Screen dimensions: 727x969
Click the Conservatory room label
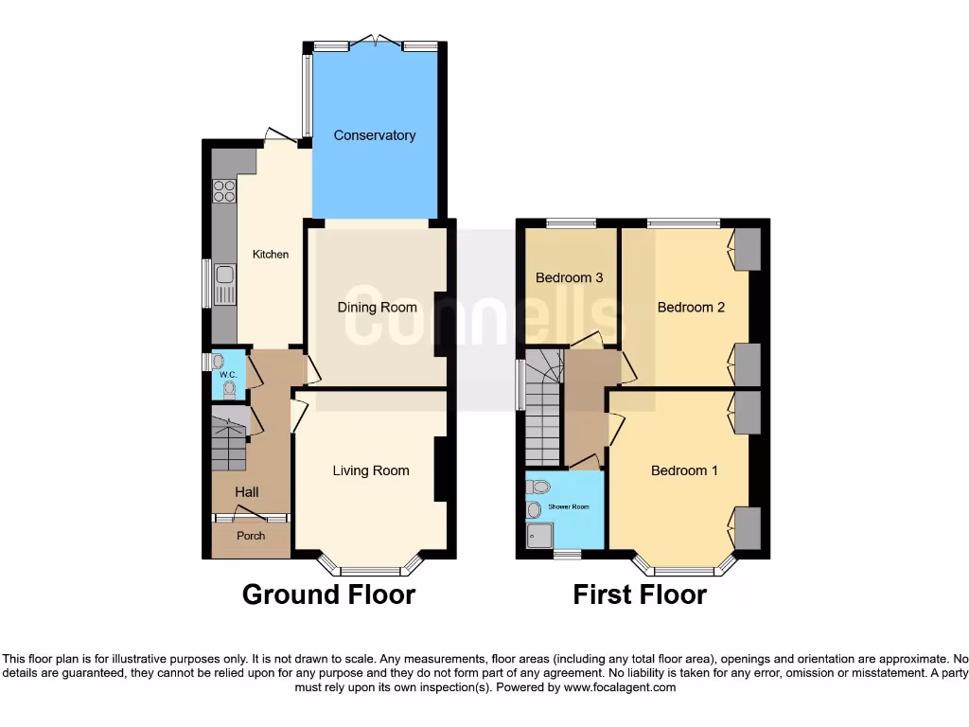(x=374, y=135)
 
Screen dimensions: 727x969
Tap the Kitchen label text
(x=270, y=255)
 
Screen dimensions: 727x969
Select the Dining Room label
(x=378, y=308)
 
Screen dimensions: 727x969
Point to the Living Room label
(x=371, y=470)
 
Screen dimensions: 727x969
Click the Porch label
(x=251, y=536)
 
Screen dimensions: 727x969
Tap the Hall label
(x=247, y=492)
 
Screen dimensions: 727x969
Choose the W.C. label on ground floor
(x=227, y=375)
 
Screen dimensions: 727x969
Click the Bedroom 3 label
(x=569, y=278)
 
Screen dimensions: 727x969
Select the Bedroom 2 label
(x=691, y=308)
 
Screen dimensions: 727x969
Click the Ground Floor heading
(x=328, y=594)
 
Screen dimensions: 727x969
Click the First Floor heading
(x=640, y=594)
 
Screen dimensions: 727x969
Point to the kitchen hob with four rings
(x=224, y=191)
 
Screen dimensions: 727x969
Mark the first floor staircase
(x=542, y=407)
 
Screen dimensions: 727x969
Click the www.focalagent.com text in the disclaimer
(x=620, y=687)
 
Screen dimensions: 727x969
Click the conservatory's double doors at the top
(x=375, y=43)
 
